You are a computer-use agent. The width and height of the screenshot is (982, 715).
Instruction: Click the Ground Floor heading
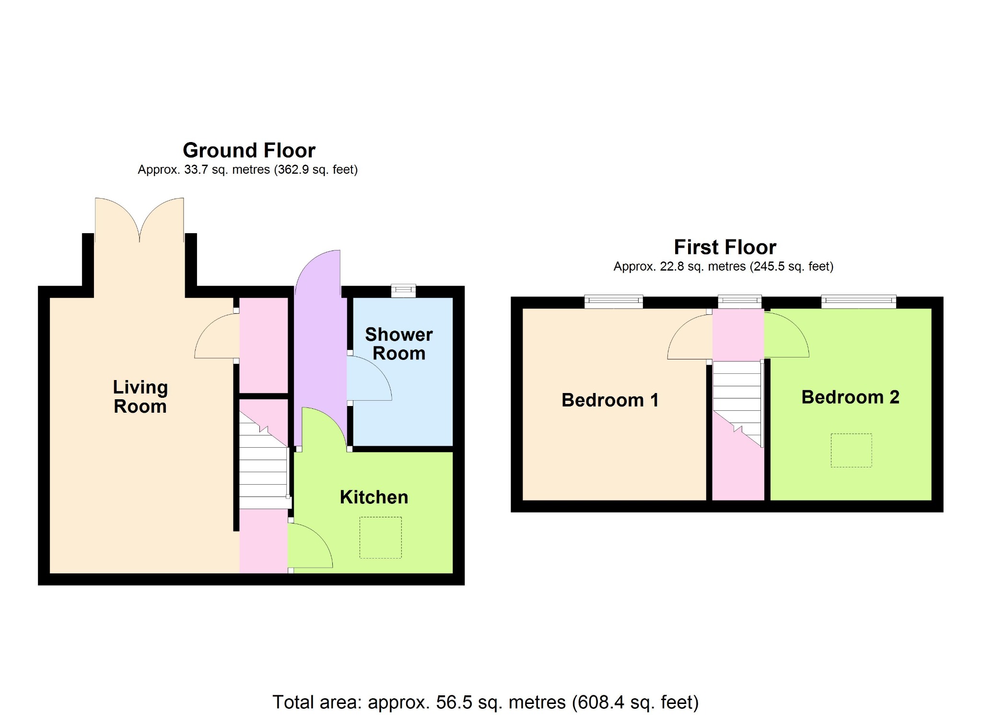coord(249,151)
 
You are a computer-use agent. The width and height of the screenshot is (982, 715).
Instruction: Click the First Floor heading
coord(725,248)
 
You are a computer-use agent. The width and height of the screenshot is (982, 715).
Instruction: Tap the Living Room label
coord(140,397)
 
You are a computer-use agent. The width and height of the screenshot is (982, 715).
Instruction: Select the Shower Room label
coord(399,344)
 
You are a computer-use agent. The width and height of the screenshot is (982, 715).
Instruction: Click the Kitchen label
coord(374,497)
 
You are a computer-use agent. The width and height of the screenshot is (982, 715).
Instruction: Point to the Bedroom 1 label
coord(610,400)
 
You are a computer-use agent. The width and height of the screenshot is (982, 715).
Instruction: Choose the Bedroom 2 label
coord(850,397)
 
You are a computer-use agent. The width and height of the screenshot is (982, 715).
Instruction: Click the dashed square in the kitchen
coord(381,537)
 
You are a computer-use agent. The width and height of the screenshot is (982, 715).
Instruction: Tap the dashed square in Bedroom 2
coord(851,450)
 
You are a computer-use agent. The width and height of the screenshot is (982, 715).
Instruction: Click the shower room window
coord(403,291)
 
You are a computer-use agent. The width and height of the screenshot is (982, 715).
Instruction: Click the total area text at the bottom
coord(485,702)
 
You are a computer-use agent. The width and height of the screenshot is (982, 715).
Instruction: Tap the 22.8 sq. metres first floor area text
coord(724,266)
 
